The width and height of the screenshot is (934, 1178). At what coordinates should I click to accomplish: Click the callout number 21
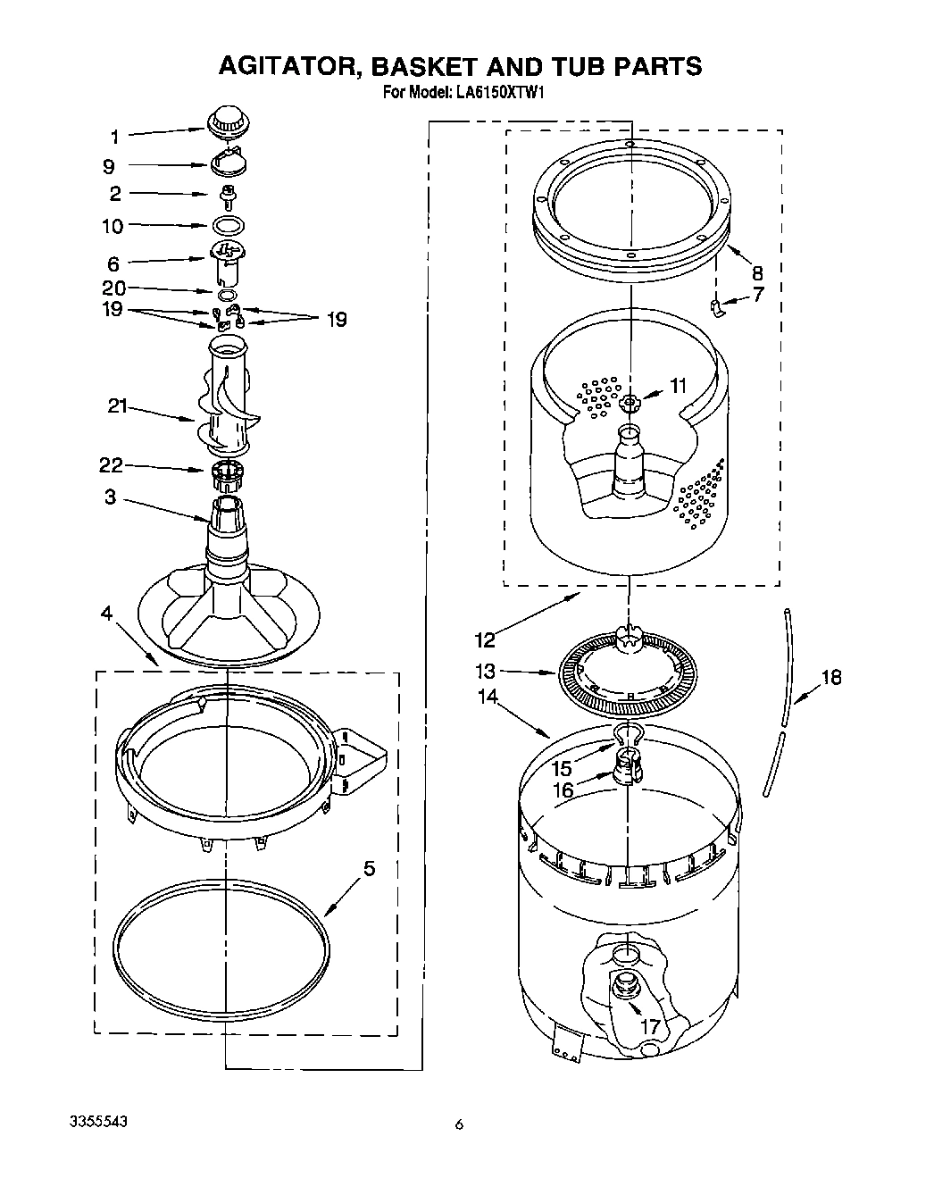point(118,407)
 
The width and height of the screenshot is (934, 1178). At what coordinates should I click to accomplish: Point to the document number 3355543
point(99,1121)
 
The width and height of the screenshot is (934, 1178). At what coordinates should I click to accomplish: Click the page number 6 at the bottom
point(459,1124)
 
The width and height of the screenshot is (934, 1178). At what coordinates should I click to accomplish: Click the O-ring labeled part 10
point(228,225)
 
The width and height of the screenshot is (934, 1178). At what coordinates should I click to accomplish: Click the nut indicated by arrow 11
point(630,403)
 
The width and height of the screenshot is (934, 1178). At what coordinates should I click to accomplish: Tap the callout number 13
point(486,672)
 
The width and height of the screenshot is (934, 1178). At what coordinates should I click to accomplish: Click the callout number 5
point(369,868)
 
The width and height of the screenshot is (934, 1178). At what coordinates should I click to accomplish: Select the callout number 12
point(485,639)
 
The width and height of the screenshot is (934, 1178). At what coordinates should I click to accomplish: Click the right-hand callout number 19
point(336,320)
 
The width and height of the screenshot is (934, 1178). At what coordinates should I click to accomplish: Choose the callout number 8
point(757,272)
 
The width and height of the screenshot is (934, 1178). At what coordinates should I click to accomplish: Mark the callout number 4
point(106,614)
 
